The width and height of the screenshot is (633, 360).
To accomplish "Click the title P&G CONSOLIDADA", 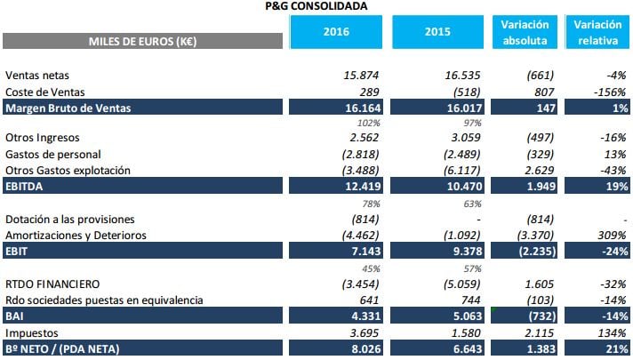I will [316, 6].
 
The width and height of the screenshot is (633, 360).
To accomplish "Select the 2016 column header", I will [335, 32].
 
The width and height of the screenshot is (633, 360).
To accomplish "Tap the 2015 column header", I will [437, 32].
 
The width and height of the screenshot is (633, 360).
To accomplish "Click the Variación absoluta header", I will [525, 32].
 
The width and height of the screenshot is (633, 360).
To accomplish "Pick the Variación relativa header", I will [597, 32].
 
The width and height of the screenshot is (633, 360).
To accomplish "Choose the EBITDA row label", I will [25, 188].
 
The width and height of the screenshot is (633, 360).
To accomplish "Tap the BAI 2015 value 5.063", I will [461, 315].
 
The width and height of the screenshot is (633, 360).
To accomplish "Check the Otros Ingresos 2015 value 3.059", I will [461, 138].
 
